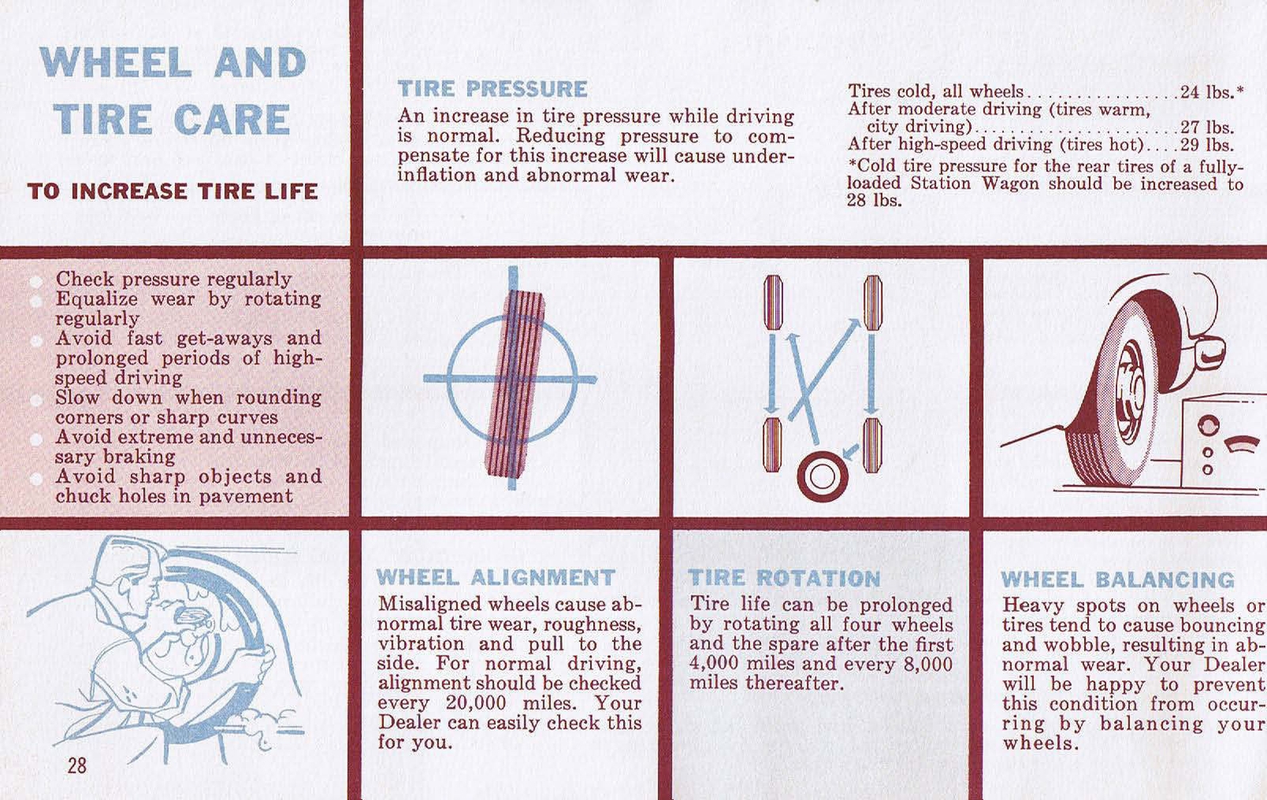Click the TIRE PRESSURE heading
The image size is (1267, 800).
point(492,89)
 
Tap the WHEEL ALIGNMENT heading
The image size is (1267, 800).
point(496,578)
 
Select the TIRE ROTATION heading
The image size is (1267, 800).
point(784,578)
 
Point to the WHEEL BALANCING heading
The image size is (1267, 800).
point(1117,580)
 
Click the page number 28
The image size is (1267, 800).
point(77,765)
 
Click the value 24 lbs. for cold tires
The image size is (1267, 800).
point(1211,92)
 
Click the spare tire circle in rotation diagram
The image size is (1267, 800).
point(822,476)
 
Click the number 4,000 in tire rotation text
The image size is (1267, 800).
point(715,664)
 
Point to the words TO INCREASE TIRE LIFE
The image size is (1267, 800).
point(173,191)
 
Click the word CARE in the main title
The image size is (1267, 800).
point(231,120)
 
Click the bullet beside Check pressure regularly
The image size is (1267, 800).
point(36,281)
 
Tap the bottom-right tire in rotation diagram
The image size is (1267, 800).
point(872,445)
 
